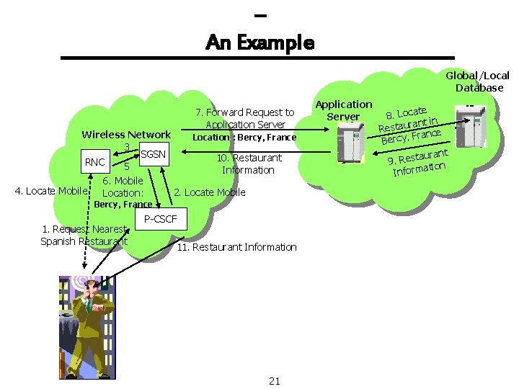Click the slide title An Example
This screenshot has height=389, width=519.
(x=259, y=43)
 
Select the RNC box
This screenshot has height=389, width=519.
(x=94, y=162)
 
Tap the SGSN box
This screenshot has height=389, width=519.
(x=153, y=154)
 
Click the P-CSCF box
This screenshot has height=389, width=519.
(x=160, y=219)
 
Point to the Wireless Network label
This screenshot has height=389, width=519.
(x=126, y=135)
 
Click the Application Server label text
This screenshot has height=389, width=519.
(x=344, y=110)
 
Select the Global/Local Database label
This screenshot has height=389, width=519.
(x=478, y=81)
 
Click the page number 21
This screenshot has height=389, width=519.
(x=274, y=381)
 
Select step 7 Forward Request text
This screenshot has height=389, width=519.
(x=245, y=118)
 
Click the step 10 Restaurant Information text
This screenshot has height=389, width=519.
(x=249, y=164)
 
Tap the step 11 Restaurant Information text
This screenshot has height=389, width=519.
(x=237, y=247)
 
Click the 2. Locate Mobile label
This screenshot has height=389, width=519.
(x=210, y=192)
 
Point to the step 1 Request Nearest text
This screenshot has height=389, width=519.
(x=84, y=235)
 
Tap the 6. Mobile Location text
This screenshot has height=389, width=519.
(x=123, y=187)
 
